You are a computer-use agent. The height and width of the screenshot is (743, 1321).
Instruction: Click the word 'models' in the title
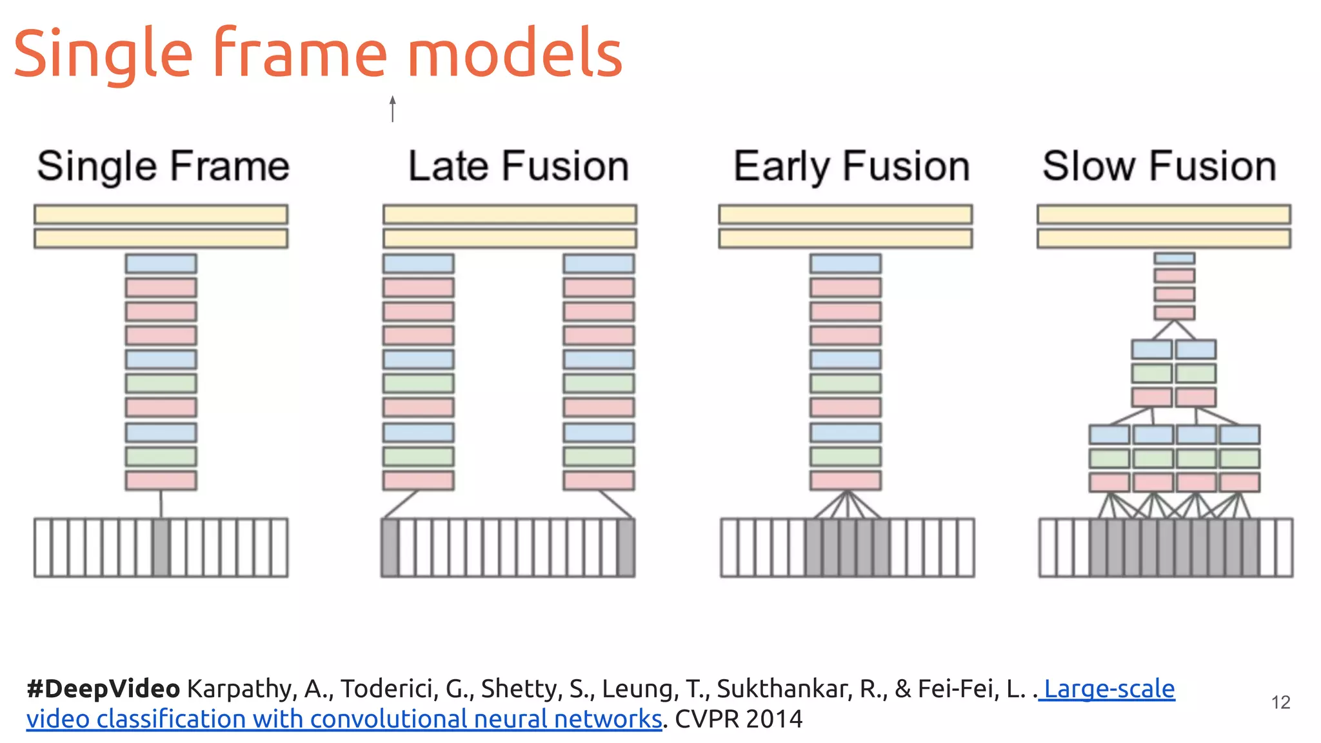coord(514,54)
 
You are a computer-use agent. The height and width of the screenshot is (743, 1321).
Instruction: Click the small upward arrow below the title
coord(392,108)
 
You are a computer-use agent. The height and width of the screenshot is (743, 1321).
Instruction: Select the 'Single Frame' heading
coord(163,166)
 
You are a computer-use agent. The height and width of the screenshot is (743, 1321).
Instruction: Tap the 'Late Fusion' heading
coord(519,166)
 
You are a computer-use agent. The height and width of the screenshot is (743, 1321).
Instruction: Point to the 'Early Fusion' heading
coord(851,166)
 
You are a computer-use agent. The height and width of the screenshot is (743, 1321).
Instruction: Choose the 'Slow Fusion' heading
coord(1159,166)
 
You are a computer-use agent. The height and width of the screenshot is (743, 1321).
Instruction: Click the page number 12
coord(1280,702)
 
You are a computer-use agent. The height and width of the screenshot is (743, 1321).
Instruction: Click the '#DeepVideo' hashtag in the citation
coord(103,689)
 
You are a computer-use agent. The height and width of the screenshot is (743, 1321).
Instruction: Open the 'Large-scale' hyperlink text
coord(1109,689)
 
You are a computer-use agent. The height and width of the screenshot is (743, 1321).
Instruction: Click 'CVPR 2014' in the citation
coord(739,719)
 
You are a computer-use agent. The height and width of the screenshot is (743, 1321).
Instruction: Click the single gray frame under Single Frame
coord(161,548)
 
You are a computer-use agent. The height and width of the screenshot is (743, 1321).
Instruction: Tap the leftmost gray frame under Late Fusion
coord(390,548)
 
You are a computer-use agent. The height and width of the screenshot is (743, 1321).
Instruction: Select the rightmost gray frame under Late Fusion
coord(626,548)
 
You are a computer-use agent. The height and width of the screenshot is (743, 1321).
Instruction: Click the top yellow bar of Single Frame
coord(161,214)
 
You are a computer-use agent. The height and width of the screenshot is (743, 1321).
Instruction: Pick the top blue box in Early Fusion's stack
coord(845,263)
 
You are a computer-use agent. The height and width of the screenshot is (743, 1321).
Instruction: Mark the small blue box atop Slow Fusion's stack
coord(1174,258)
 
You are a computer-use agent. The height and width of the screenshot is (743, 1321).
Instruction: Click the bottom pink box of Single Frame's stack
coord(161,480)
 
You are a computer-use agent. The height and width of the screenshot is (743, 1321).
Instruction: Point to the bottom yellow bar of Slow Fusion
coord(1164,239)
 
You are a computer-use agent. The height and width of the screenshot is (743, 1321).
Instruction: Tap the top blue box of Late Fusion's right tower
coord(599,263)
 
